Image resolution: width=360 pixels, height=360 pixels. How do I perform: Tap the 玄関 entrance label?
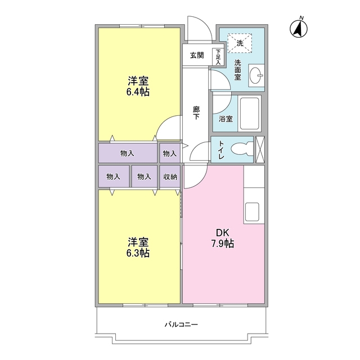196,55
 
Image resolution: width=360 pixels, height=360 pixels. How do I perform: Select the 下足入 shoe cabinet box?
217,56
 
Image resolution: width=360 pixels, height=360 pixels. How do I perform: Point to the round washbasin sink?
256,75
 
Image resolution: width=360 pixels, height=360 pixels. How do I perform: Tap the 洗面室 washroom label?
237,70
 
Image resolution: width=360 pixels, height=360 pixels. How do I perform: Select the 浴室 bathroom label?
226,119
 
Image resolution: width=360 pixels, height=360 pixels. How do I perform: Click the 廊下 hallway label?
196,114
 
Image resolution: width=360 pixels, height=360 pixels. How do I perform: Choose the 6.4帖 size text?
138,92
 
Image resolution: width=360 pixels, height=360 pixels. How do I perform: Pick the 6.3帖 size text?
138,253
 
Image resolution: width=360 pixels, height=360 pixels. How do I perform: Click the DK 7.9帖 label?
223,238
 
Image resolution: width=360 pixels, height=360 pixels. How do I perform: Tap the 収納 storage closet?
170,176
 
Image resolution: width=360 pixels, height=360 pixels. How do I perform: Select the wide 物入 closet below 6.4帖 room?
127,153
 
